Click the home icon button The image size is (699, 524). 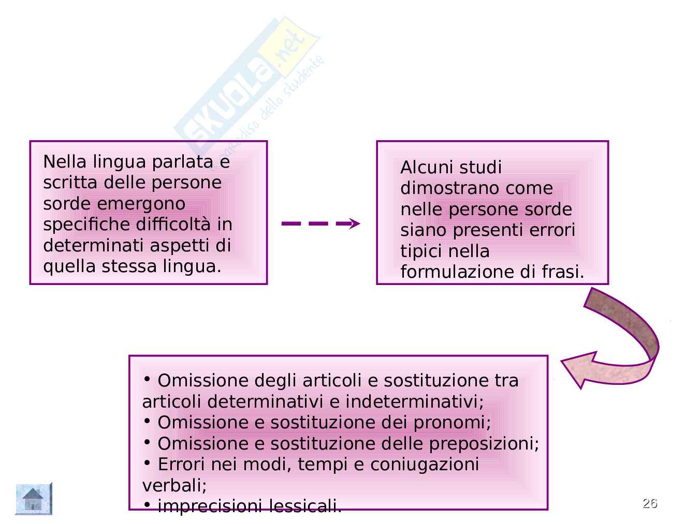(34, 499)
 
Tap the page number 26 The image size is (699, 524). (650, 503)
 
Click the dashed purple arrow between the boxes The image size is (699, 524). (321, 223)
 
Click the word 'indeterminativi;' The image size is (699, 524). (414, 402)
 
